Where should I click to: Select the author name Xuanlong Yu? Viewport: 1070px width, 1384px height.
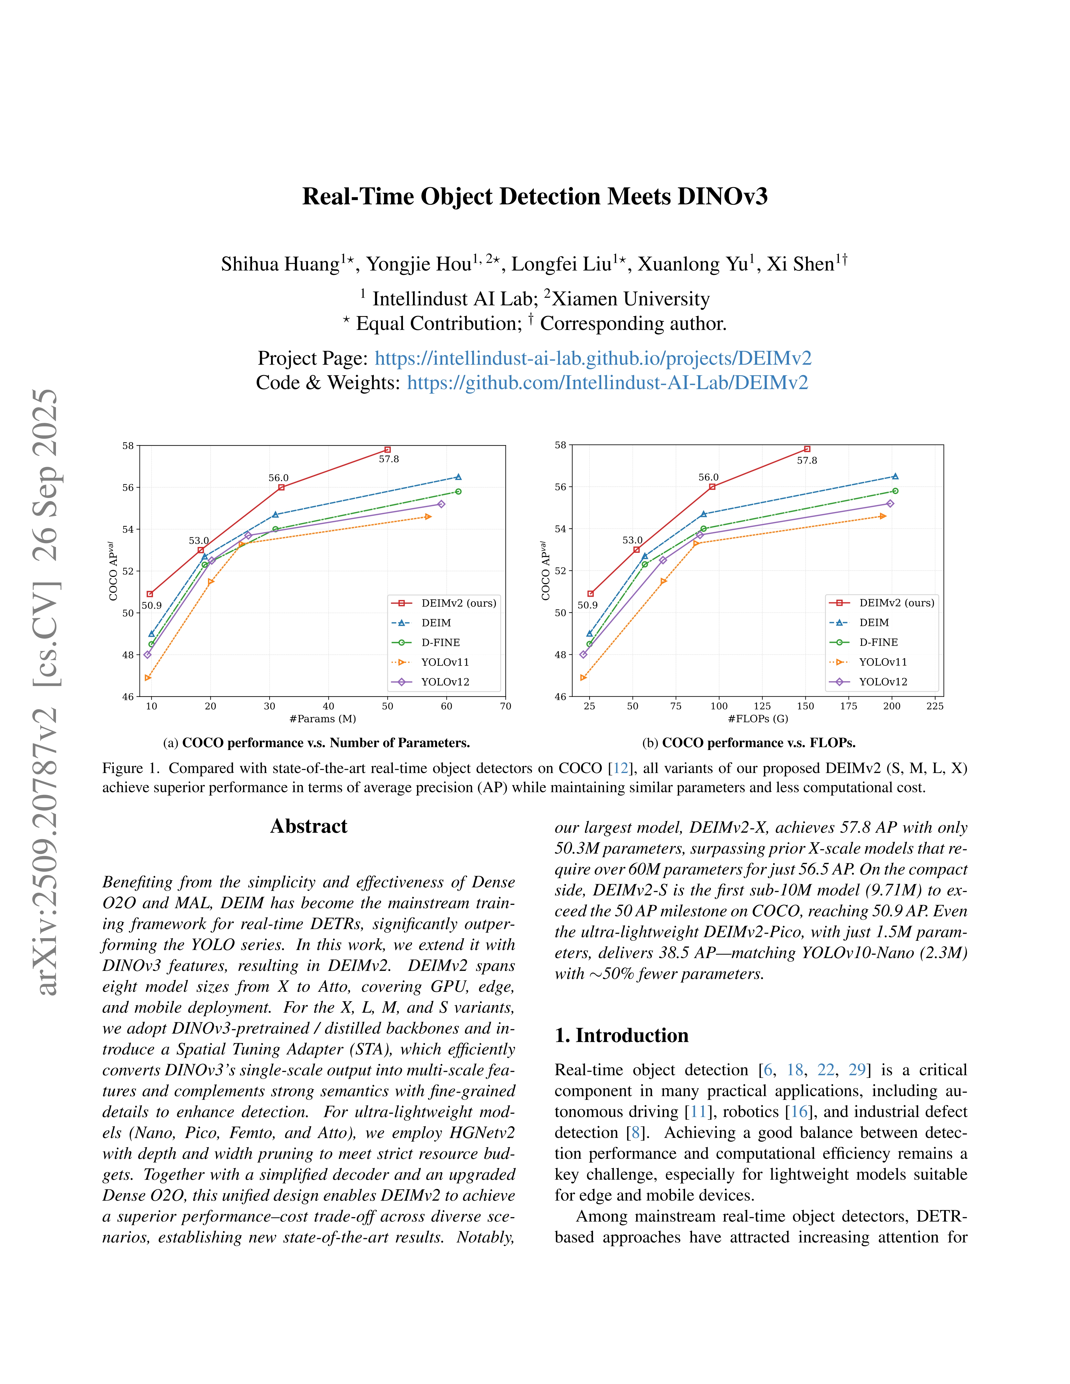(692, 264)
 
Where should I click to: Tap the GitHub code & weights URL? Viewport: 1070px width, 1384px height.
(607, 383)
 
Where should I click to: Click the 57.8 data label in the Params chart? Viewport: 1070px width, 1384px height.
(388, 459)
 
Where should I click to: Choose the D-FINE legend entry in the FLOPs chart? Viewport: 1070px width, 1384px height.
(878, 642)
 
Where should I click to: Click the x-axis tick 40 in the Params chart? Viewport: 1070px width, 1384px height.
(328, 706)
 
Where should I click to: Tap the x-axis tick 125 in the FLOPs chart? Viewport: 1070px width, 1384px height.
(762, 706)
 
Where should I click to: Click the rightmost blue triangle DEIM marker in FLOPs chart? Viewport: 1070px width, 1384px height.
(894, 476)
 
